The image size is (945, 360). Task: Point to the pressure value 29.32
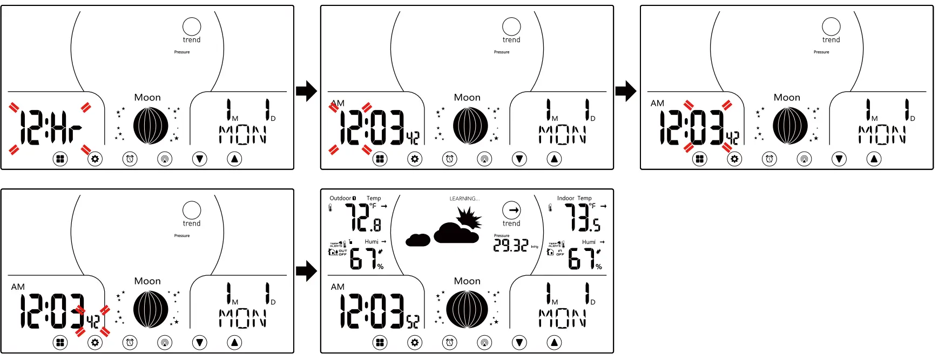click(510, 246)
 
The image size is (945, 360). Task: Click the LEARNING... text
click(464, 199)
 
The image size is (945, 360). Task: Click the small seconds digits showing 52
click(413, 322)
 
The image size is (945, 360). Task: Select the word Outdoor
click(340, 198)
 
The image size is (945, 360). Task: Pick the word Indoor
click(565, 198)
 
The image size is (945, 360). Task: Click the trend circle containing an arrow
click(511, 210)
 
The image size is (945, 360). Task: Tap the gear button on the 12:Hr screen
click(95, 159)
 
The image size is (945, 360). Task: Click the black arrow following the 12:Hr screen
click(306, 91)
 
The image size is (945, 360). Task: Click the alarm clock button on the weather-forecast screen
click(450, 342)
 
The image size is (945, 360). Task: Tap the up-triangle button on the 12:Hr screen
click(234, 159)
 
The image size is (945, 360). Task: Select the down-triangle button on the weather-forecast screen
click(519, 342)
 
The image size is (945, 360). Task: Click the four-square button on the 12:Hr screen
click(60, 159)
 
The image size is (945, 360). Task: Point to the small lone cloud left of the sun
click(418, 240)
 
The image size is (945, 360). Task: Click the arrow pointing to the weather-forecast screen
click(306, 271)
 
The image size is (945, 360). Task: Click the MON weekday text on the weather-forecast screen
click(562, 319)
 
